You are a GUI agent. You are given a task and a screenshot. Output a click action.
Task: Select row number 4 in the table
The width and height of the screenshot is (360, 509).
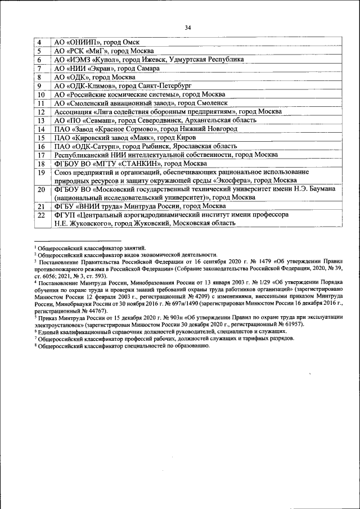39,43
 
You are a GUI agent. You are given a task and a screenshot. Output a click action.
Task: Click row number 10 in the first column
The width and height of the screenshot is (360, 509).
40,94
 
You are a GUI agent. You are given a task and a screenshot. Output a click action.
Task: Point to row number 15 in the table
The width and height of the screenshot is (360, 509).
40,138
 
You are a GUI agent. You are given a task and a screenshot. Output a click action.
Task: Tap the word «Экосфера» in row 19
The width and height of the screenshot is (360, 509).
230,180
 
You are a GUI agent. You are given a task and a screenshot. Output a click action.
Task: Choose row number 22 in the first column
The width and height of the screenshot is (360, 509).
40,215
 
